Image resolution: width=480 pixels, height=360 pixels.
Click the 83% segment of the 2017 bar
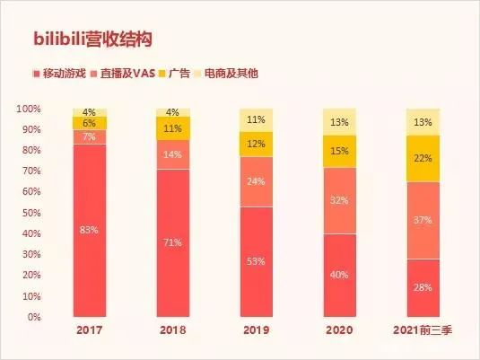(x=90, y=230)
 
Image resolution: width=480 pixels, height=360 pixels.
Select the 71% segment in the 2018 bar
(x=173, y=242)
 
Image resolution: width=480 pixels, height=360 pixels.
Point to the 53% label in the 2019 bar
(x=256, y=261)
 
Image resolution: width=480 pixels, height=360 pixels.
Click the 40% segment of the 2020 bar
(x=338, y=275)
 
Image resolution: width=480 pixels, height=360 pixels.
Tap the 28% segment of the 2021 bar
(x=422, y=287)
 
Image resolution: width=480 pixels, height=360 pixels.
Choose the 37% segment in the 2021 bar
(x=422, y=220)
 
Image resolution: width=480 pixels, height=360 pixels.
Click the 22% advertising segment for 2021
(x=422, y=158)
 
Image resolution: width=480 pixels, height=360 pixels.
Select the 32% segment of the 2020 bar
(x=338, y=200)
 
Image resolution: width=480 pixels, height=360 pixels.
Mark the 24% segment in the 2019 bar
(x=256, y=181)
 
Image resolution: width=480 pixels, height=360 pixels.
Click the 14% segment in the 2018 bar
(x=173, y=154)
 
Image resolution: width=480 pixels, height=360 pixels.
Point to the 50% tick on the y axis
(x=29, y=213)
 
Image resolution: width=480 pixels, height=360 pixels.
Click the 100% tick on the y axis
(x=27, y=109)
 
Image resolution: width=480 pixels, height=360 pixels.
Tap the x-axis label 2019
(x=256, y=331)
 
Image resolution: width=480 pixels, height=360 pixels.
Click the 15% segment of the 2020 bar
(x=338, y=152)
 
